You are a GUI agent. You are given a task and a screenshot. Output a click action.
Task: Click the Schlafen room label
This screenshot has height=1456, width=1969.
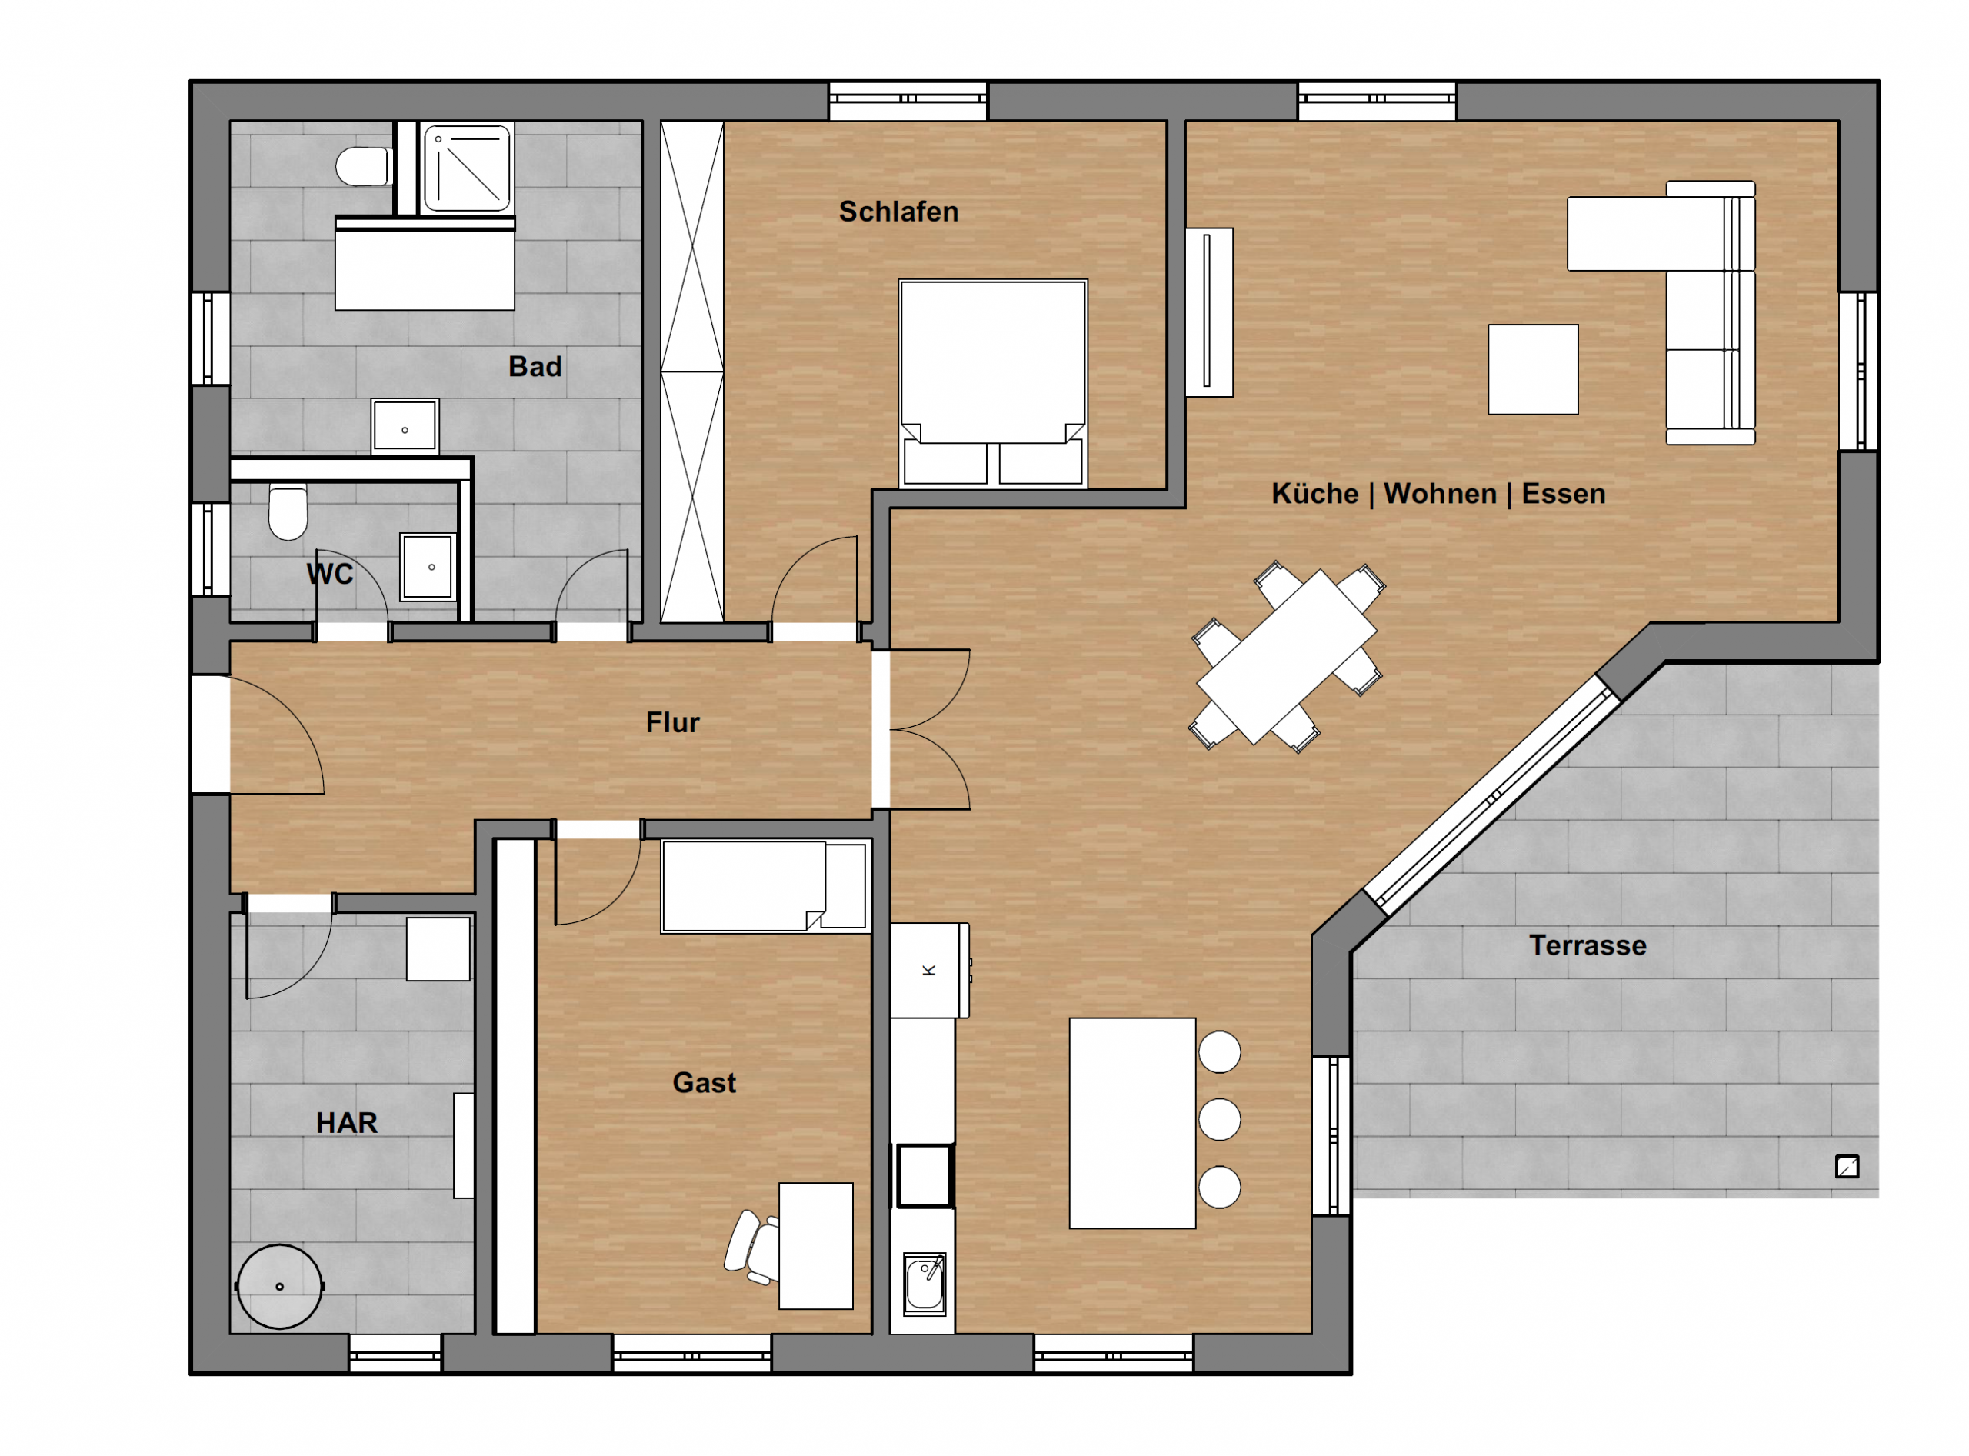click(x=898, y=212)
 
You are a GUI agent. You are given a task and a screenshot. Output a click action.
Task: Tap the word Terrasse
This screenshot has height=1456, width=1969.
click(x=1588, y=946)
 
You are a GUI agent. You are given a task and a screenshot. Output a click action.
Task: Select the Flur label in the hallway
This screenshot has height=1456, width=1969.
click(x=672, y=723)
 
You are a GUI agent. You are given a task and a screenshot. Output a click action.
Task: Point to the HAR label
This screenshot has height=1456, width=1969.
click(x=346, y=1123)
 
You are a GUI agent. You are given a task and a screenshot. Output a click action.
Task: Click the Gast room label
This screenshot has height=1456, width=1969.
click(x=705, y=1082)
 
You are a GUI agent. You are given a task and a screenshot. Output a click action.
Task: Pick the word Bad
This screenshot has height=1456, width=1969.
click(x=535, y=367)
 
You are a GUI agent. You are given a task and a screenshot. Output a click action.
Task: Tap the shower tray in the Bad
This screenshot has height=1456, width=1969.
click(x=467, y=168)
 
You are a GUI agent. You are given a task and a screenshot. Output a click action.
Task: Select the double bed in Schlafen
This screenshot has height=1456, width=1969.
click(x=992, y=383)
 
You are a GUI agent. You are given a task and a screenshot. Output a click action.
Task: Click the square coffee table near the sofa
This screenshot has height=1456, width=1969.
click(x=1533, y=369)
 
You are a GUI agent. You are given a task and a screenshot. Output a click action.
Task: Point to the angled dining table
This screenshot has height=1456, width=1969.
click(x=1286, y=657)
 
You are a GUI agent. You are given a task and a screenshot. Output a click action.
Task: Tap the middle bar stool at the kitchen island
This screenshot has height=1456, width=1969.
click(x=1220, y=1119)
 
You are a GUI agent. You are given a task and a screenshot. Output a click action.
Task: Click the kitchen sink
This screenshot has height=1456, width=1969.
click(x=925, y=1284)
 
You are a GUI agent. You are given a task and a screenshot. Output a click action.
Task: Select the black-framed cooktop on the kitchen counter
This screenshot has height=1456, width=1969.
click(x=925, y=1176)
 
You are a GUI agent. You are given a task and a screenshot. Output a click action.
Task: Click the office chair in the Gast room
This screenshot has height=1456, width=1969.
click(x=751, y=1246)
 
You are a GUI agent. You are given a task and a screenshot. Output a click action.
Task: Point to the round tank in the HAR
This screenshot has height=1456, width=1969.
click(x=279, y=1287)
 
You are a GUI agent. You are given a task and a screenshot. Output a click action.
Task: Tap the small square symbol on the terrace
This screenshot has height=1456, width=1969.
click(x=1847, y=1167)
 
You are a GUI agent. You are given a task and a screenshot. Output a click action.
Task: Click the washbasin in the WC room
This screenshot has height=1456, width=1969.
click(x=428, y=567)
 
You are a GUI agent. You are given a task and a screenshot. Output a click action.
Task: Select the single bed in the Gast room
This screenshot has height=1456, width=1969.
click(x=765, y=886)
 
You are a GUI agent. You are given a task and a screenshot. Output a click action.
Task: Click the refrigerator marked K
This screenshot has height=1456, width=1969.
click(x=929, y=971)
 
